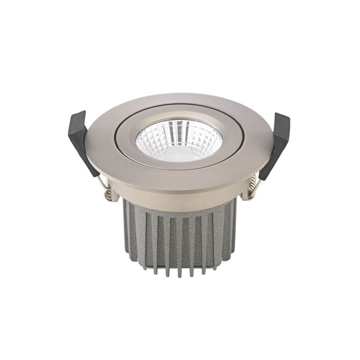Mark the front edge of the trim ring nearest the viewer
[x=180, y=179]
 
